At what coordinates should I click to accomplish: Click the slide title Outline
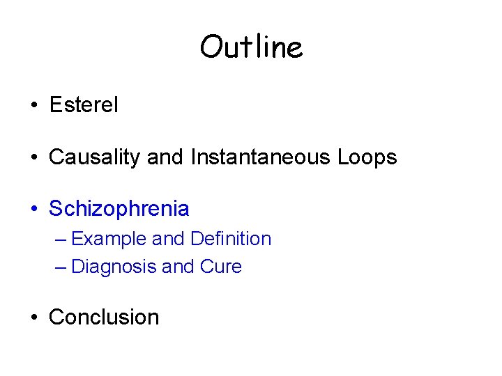point(251,47)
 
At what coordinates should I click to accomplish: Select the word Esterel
point(84,105)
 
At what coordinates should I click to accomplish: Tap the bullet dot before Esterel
point(33,106)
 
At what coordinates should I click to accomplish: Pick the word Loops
point(367,157)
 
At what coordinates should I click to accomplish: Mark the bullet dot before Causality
point(33,158)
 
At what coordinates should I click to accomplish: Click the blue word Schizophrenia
point(119,208)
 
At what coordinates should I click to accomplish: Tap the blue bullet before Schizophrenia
point(33,209)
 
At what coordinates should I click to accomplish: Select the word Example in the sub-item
point(109,239)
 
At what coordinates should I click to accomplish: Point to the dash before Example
point(61,240)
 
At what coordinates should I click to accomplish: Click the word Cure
point(221,267)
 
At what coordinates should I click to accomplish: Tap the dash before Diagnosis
point(61,267)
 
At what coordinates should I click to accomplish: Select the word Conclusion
point(104,317)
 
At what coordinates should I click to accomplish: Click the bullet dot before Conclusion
point(33,318)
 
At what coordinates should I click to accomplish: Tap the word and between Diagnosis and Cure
point(178,267)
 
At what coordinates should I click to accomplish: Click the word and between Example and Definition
point(168,239)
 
